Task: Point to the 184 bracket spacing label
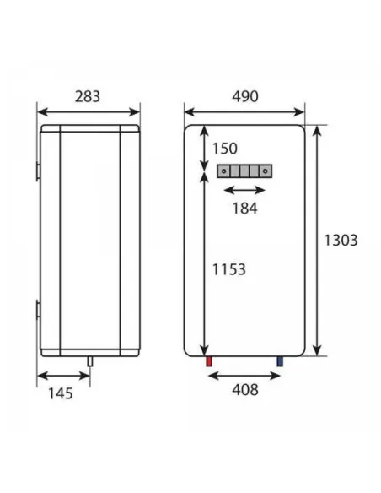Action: tap(243, 208)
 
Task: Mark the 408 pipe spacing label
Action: tap(244, 390)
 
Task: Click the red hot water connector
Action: tap(208, 362)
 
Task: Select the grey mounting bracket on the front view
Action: tap(244, 171)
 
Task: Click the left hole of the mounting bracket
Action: tap(223, 171)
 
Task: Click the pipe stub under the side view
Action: tap(89, 360)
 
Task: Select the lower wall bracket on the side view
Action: tap(38, 310)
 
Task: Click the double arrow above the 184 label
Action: tap(244, 190)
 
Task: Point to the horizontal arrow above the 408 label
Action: tap(244, 373)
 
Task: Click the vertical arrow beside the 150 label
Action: tap(202, 149)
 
